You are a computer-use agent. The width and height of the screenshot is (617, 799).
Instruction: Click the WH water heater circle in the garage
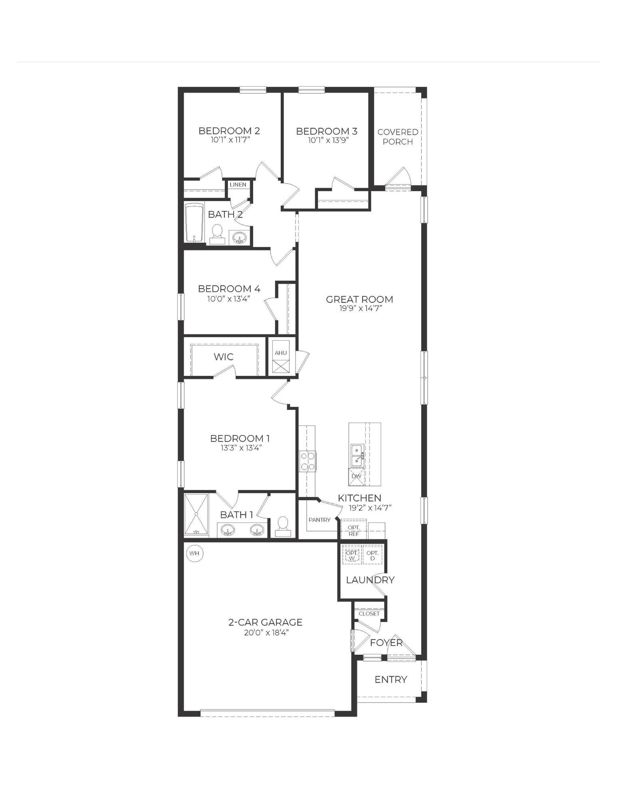point(194,553)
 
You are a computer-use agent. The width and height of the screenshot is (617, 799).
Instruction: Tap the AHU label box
point(281,353)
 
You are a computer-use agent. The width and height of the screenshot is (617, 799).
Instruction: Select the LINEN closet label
point(238,185)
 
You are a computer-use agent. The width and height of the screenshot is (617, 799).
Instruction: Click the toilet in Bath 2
point(217,234)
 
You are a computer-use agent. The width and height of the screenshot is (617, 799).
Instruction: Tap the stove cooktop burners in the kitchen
point(308,461)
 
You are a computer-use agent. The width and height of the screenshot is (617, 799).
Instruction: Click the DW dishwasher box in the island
point(356,476)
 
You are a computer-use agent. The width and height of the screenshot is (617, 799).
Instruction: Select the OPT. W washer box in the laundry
point(351,555)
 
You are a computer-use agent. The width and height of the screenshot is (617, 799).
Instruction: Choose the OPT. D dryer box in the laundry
point(373,555)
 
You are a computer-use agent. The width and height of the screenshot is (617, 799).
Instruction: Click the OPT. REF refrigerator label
point(353,530)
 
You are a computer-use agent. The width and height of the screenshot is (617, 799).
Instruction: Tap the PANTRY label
point(319,520)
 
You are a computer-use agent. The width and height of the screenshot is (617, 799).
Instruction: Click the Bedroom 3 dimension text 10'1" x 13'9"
point(326,141)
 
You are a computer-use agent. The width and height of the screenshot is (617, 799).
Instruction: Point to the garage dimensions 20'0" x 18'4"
point(265,632)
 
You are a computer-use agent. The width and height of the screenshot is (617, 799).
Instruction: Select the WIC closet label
point(224,356)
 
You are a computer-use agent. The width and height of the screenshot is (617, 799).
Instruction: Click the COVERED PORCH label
point(398,137)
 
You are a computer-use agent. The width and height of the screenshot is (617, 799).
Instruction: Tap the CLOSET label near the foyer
point(369,614)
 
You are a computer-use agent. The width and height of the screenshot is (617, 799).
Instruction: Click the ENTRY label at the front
point(391,680)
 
